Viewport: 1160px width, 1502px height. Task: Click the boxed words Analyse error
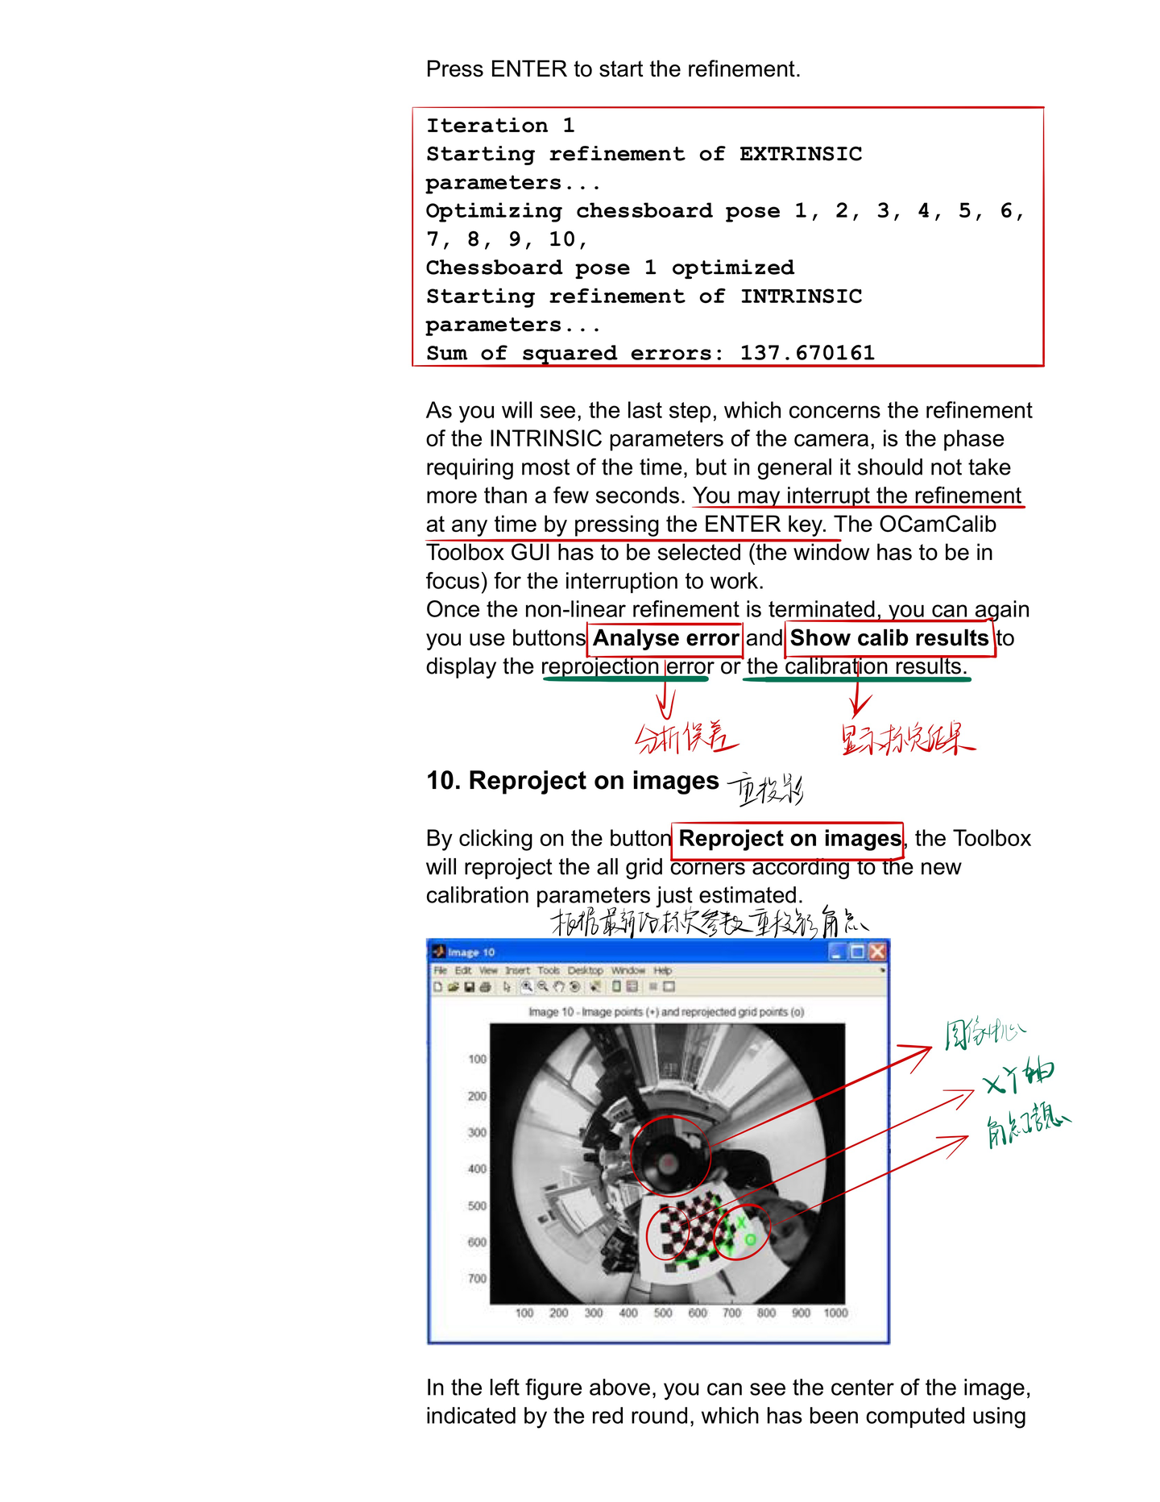pyautogui.click(x=665, y=638)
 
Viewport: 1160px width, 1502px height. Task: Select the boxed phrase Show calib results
pyautogui.click(x=889, y=638)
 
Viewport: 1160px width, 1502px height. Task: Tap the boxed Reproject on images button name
pyautogui.click(x=789, y=839)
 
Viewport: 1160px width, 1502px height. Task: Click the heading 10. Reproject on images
pyautogui.click(x=573, y=781)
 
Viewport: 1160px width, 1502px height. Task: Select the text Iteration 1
pyautogui.click(x=499, y=126)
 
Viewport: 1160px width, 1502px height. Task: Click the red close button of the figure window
pyautogui.click(x=877, y=952)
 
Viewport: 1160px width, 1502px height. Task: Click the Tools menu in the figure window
pyautogui.click(x=548, y=971)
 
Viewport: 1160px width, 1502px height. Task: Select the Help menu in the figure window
pyautogui.click(x=662, y=971)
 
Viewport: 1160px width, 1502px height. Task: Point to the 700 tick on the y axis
pyautogui.click(x=477, y=1279)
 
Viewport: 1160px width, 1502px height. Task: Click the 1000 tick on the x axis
pyautogui.click(x=835, y=1313)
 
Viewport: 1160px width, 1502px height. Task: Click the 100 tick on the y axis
pyautogui.click(x=477, y=1059)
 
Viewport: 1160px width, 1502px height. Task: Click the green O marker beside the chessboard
pyautogui.click(x=750, y=1239)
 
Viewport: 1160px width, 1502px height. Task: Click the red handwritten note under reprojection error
pyautogui.click(x=686, y=737)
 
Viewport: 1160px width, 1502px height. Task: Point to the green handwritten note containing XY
pyautogui.click(x=1018, y=1077)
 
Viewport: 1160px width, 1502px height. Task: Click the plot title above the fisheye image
pyautogui.click(x=666, y=1012)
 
